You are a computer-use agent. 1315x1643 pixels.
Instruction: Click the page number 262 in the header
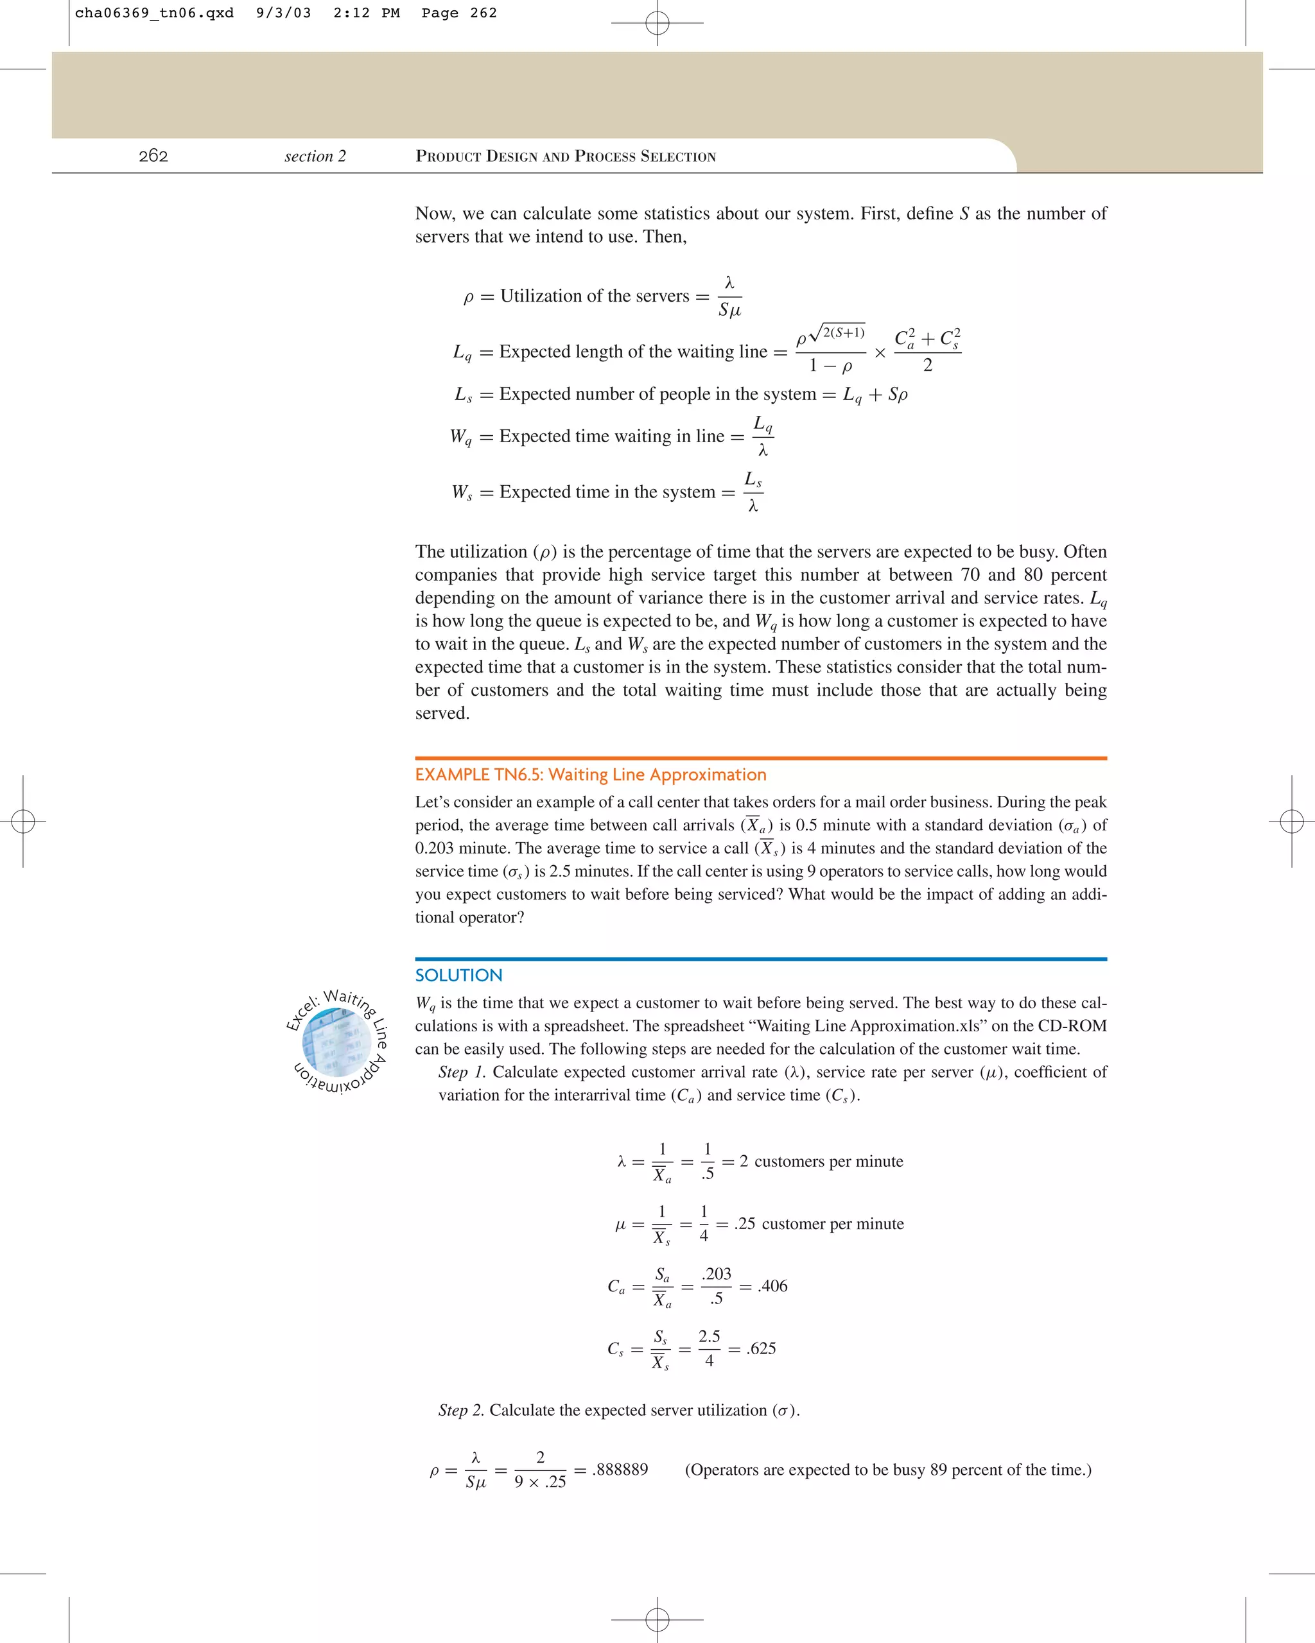153,156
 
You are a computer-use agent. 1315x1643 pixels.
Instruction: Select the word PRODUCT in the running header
448,157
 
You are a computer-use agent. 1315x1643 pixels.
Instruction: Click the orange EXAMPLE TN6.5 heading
590,775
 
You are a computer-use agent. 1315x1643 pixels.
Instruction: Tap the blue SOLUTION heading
458,976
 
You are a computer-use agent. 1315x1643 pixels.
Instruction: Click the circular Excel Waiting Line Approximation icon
337,1042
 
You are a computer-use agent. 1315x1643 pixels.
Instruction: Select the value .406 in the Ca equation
772,1286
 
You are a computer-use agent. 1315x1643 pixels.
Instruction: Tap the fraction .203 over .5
717,1286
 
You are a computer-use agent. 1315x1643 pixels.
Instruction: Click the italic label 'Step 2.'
460,1411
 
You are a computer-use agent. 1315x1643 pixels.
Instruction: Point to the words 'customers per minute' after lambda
829,1162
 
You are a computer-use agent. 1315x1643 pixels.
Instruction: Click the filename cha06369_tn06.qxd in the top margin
154,13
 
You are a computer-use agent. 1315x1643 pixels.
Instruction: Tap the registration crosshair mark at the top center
657,24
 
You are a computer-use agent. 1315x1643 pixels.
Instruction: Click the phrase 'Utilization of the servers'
594,297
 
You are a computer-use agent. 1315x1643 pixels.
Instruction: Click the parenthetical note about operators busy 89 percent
888,1469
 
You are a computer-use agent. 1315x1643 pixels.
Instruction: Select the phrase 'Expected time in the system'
607,492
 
